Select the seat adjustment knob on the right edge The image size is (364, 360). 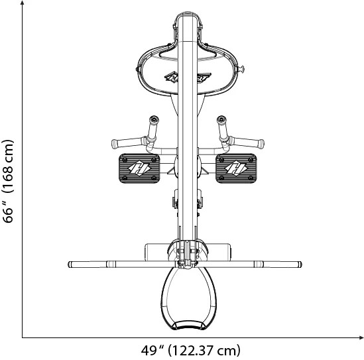[x=243, y=66]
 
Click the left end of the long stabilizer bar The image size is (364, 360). [x=71, y=265]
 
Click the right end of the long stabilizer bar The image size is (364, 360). [x=300, y=265]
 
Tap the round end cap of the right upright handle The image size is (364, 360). [x=221, y=120]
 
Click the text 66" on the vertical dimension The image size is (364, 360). [x=9, y=210]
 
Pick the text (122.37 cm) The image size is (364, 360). [x=205, y=350]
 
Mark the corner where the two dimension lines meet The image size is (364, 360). [x=23, y=338]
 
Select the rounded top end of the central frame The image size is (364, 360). [x=188, y=15]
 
